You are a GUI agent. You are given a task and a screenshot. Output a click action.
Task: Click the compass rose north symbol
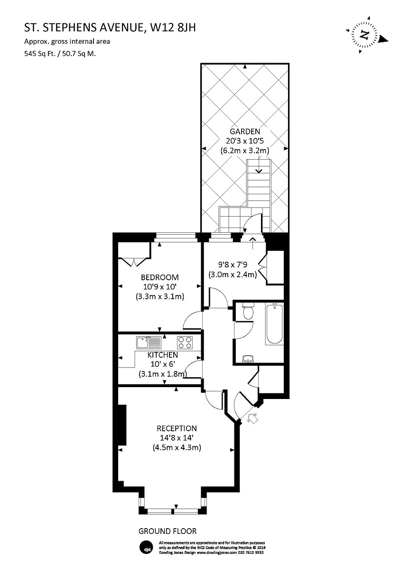365,35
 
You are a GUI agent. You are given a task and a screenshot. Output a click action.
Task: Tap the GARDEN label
245,132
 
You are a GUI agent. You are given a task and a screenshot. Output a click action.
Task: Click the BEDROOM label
159,277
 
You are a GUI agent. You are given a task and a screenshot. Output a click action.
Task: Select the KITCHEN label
163,355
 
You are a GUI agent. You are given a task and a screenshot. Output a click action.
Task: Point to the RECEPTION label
177,428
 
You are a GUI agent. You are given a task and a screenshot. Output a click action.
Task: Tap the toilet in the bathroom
248,312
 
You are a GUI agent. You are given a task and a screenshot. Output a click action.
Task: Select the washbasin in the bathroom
247,359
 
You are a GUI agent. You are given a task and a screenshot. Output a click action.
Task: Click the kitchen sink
148,342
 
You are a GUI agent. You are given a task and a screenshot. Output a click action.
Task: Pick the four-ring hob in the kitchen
185,342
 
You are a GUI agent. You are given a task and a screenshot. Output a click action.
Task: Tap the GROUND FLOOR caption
167,531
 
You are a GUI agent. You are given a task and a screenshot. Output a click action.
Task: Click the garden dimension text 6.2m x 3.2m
245,151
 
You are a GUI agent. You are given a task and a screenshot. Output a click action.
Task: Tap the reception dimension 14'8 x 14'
177,438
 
